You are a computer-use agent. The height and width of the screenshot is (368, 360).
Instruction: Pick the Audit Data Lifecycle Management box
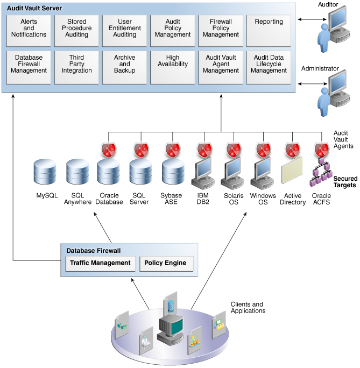point(269,67)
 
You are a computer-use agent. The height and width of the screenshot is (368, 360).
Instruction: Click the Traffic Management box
point(100,263)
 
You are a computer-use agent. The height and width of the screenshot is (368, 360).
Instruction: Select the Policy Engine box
point(165,263)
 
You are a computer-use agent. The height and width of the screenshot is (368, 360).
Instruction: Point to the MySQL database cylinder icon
point(47,173)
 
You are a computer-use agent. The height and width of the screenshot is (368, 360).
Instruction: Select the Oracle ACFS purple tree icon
point(321,172)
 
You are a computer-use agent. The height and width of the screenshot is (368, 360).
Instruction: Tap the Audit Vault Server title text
point(34,9)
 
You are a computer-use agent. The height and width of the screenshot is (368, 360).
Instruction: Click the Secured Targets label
point(345,182)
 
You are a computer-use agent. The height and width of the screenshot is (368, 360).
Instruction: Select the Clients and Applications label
point(248,307)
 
